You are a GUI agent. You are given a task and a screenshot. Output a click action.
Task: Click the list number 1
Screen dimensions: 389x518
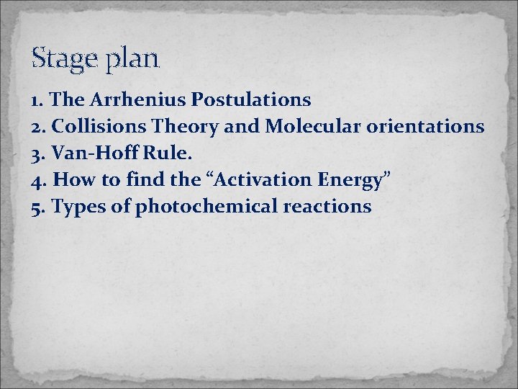[36, 99]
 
